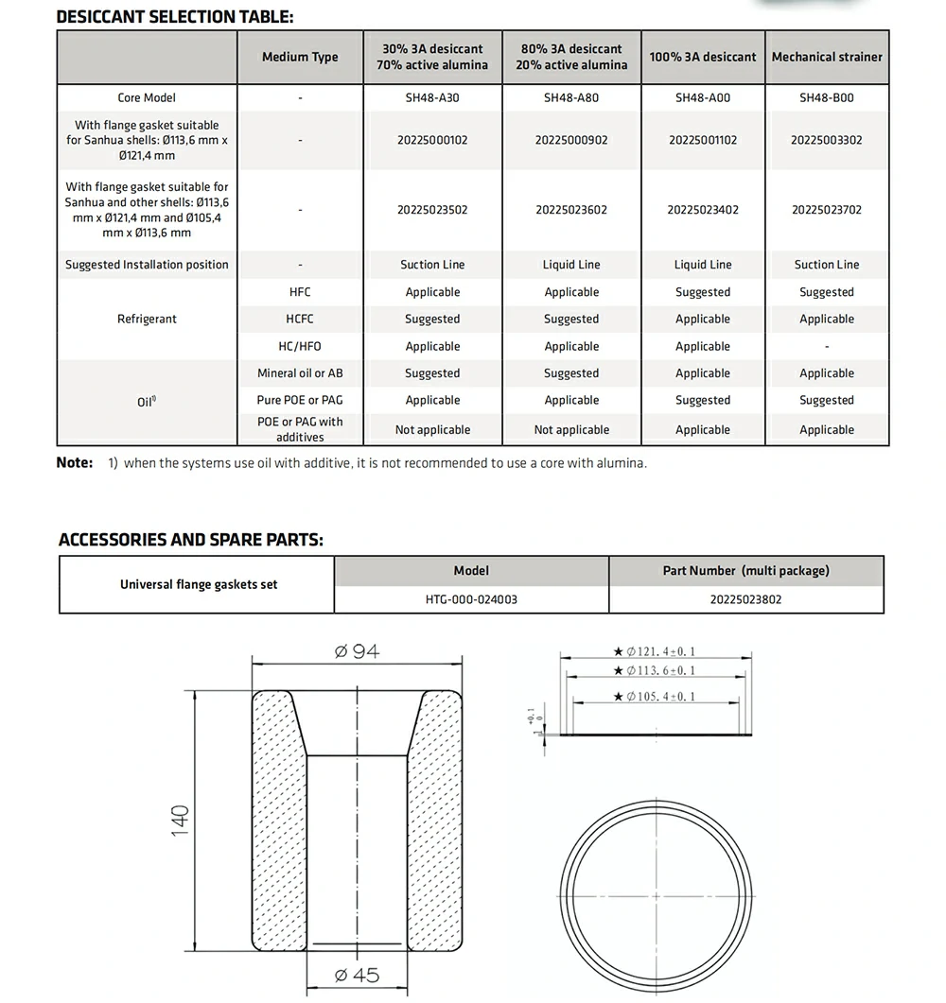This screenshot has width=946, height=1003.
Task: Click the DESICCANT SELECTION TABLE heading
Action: tap(175, 17)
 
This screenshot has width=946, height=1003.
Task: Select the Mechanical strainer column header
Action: tap(827, 57)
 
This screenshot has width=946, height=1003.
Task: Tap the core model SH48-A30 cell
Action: tap(432, 97)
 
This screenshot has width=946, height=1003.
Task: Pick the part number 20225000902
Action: tap(571, 140)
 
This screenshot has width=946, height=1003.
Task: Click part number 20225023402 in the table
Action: tap(703, 210)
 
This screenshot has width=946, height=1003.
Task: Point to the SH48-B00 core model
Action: tap(827, 97)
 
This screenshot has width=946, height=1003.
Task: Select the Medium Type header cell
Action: tap(300, 57)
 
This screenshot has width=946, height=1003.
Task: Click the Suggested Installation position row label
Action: tap(147, 265)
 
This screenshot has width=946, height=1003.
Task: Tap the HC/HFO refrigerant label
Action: tap(300, 347)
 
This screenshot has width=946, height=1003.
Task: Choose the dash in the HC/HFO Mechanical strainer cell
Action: tap(827, 347)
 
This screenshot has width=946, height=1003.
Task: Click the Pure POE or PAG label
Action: tap(300, 400)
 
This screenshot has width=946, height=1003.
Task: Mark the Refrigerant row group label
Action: tap(147, 320)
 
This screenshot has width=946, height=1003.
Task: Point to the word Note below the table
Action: tap(75, 463)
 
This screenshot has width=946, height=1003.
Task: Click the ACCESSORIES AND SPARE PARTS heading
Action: tap(190, 540)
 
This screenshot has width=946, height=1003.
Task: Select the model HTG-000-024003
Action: tap(471, 599)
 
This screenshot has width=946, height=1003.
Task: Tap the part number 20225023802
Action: tap(746, 599)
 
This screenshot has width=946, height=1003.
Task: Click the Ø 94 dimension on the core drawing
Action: tap(357, 652)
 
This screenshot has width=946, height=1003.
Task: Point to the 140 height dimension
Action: tap(180, 820)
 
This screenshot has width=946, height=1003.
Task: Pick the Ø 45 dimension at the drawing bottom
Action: tap(357, 976)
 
